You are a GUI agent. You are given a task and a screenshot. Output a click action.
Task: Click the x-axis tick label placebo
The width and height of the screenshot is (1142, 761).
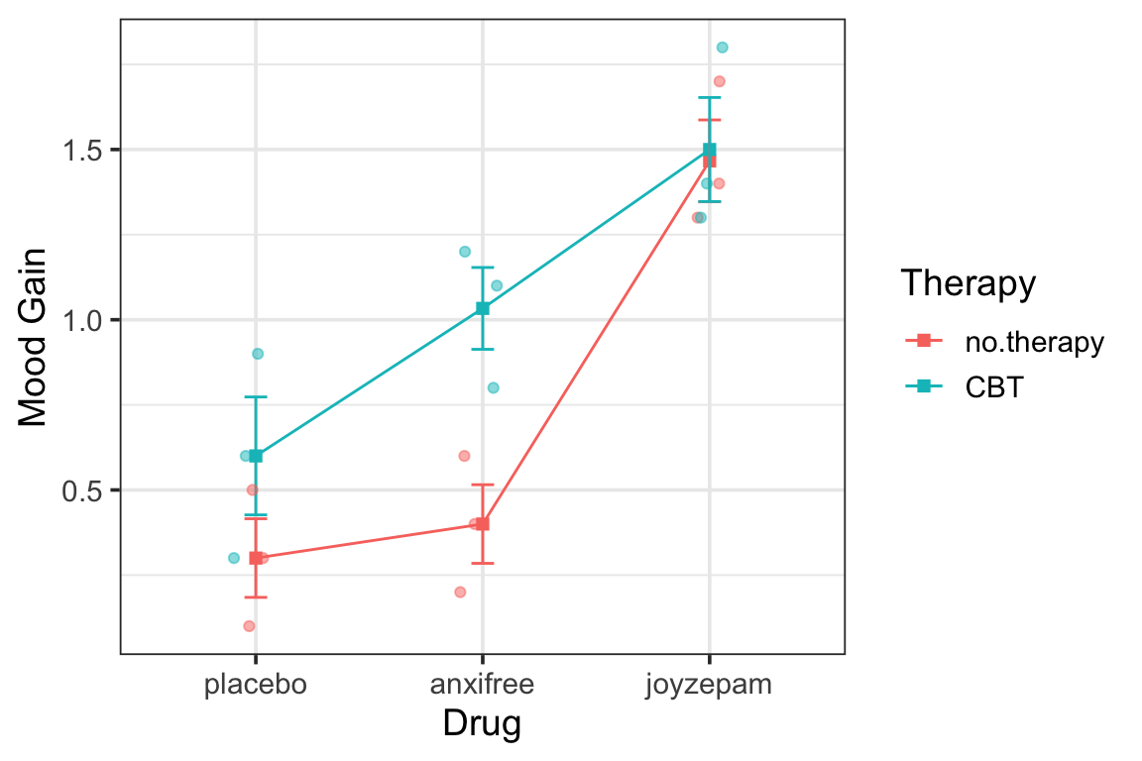point(255,685)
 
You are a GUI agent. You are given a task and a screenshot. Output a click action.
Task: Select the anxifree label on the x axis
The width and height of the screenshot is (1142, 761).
point(482,685)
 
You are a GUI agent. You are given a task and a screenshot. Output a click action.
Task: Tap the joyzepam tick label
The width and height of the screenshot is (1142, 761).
point(709,685)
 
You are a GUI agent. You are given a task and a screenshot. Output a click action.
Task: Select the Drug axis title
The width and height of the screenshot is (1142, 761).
point(482,724)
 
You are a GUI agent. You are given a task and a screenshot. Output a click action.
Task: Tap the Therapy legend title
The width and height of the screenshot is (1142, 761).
point(968,284)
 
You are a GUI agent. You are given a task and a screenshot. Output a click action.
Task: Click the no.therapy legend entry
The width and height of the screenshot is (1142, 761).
point(1033,343)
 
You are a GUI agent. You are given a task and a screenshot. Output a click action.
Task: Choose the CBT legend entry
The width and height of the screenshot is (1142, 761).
point(993,387)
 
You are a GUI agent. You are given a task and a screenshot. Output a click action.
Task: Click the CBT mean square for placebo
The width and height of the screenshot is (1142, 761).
point(256,456)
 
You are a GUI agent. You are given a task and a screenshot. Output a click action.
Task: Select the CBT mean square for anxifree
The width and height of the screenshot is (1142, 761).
point(483,308)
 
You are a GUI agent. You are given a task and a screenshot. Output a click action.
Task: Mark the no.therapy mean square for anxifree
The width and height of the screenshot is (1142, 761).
point(483,524)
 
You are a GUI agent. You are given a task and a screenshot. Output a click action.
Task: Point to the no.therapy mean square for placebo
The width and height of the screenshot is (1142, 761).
point(256,558)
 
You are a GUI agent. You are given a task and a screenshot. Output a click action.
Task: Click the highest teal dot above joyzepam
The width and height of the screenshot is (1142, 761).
point(722,48)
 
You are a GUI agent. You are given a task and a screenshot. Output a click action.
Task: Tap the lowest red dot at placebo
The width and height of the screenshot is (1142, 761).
point(249,626)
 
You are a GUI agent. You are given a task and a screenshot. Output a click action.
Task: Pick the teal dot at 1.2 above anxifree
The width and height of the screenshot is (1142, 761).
point(465,252)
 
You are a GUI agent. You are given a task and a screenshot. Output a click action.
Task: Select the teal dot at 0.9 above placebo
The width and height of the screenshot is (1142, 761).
point(258,354)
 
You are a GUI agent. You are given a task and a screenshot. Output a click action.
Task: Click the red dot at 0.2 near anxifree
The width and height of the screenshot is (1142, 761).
point(460,593)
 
